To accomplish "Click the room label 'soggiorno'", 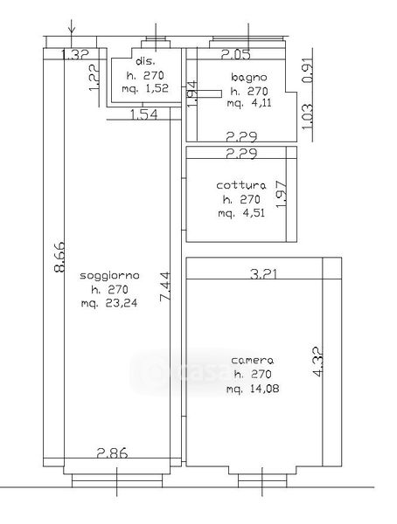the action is [109, 276].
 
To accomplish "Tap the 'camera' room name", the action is [253, 360].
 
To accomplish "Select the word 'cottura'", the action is [241, 185].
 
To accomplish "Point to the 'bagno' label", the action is [249, 78].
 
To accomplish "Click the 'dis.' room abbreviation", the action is [146, 61].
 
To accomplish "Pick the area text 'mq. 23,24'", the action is [109, 303].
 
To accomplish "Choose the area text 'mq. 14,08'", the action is [253, 389].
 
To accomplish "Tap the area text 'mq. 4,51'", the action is [241, 213].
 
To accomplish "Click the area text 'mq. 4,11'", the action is [249, 103].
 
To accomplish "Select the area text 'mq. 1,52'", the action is [145, 89].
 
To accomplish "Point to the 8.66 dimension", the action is [60, 257].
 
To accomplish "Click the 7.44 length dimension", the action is [165, 287].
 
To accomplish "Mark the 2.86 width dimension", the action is [112, 453].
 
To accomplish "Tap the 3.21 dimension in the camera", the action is [264, 274].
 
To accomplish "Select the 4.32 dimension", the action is [318, 362].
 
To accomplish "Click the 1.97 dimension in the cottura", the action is [282, 195].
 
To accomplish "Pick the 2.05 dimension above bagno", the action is [235, 54].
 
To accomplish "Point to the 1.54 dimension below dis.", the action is [143, 115].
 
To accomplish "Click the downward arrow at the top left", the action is [72, 28].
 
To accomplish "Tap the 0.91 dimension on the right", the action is [308, 72].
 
